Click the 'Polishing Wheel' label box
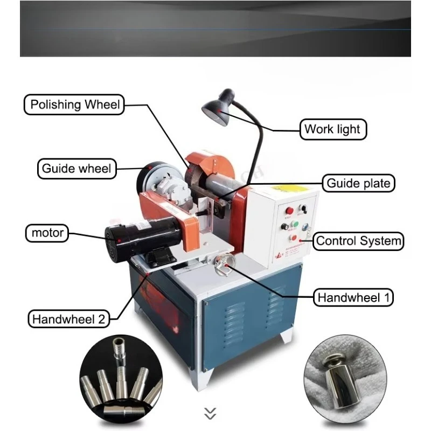(74, 105)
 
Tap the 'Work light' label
(333, 129)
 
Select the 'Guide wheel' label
(76, 169)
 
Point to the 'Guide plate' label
(358, 183)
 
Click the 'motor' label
(47, 233)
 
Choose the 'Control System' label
(358, 241)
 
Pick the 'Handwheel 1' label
(354, 297)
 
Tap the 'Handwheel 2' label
(68, 318)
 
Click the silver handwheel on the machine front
(223, 263)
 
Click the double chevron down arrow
(210, 413)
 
